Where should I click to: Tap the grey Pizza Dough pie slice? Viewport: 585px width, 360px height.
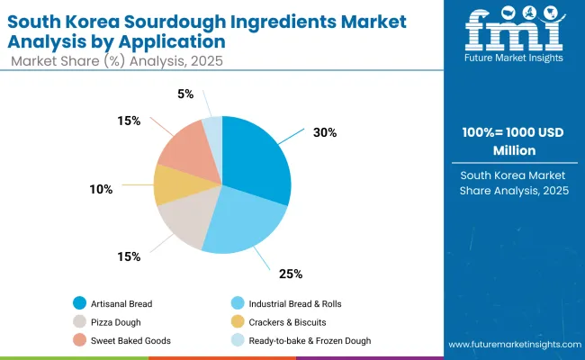[x=184, y=220]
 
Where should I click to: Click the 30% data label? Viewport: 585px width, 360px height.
[x=325, y=132]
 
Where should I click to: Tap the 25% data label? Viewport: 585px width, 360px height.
[x=291, y=274]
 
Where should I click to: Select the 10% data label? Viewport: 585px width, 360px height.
[x=101, y=189]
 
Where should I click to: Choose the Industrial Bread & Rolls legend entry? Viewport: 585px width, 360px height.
[x=287, y=302]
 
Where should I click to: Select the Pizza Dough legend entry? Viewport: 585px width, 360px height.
[x=115, y=321]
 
